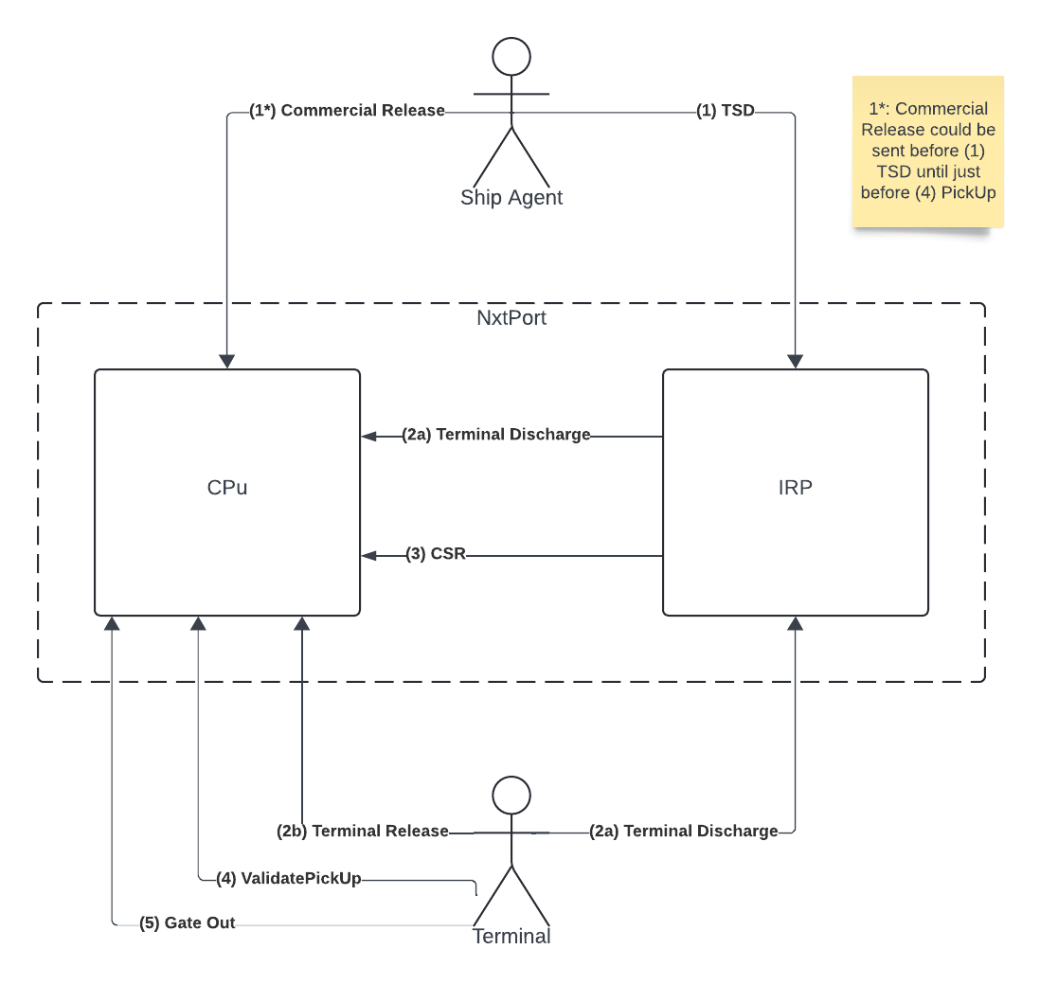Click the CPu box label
click(227, 488)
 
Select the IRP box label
click(795, 488)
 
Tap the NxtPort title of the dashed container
click(511, 317)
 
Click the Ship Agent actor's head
click(511, 57)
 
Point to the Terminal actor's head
click(511, 795)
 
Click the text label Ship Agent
click(511, 197)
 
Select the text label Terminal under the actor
click(511, 936)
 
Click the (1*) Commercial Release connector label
click(347, 111)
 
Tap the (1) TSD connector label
click(726, 111)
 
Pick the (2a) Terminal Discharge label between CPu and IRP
click(496, 435)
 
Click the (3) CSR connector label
click(436, 554)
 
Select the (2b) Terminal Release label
click(363, 831)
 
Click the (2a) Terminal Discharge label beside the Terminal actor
click(683, 831)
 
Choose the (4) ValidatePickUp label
click(289, 878)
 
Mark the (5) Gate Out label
click(188, 922)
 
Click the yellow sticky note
click(927, 152)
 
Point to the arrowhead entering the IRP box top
click(795, 362)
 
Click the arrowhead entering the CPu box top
click(227, 362)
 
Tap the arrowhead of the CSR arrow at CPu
click(368, 555)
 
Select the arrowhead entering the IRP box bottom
click(795, 623)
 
